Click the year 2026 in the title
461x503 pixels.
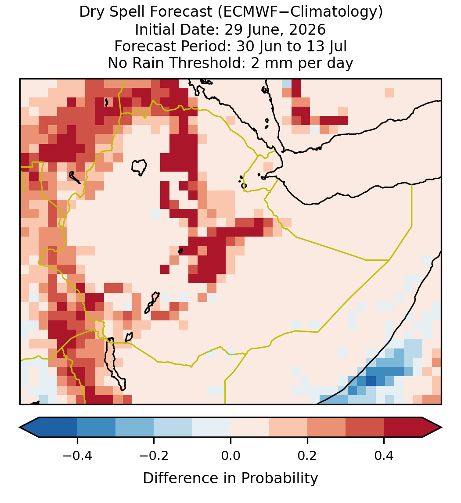pos(307,29)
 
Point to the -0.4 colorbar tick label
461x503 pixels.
pos(77,455)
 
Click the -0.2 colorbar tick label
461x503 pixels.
pos(154,455)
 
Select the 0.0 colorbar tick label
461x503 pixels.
pos(230,455)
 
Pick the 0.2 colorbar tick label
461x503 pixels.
pos(307,455)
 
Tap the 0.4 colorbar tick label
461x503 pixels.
pos(384,455)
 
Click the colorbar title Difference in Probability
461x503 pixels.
pos(230,478)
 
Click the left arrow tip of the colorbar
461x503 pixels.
pos(20,428)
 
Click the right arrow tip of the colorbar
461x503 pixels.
pos(442,428)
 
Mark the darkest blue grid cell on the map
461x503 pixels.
pos(371,381)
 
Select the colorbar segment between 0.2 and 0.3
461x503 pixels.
pos(326,428)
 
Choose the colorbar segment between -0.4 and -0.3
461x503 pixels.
pos(96,428)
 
